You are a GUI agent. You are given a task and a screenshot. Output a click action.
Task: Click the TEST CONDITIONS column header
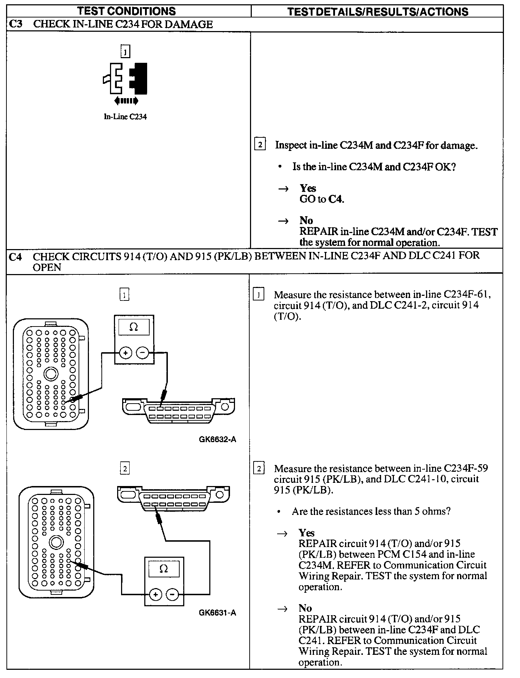pyautogui.click(x=127, y=11)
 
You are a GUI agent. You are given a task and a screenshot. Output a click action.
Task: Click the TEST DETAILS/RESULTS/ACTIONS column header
pyautogui.click(x=377, y=11)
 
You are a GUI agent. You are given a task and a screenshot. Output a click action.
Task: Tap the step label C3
pyautogui.click(x=16, y=24)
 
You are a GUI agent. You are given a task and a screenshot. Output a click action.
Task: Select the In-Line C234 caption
pyautogui.click(x=125, y=117)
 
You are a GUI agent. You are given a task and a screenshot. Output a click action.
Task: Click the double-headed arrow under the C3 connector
pyautogui.click(x=126, y=101)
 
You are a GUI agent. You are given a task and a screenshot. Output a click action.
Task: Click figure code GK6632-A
pyautogui.click(x=217, y=439)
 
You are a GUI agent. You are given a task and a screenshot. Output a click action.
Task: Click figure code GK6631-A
pyautogui.click(x=217, y=613)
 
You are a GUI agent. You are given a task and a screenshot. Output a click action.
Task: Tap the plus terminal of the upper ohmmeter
pyautogui.click(x=125, y=353)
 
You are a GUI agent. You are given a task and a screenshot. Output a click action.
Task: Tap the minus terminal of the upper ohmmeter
pyautogui.click(x=143, y=353)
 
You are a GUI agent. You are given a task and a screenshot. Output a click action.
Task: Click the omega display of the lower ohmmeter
pyautogui.click(x=164, y=569)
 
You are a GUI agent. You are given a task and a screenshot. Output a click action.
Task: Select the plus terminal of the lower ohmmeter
pyautogui.click(x=155, y=594)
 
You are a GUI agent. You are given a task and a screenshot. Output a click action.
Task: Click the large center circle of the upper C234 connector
pyautogui.click(x=51, y=374)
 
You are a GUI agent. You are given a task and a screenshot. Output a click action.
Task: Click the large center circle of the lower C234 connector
pyautogui.click(x=56, y=542)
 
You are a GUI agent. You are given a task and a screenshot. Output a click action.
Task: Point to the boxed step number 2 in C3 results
pyautogui.click(x=260, y=145)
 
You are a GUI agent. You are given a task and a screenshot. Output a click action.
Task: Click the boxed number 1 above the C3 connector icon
pyautogui.click(x=125, y=52)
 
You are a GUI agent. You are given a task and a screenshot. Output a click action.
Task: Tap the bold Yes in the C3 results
pyautogui.click(x=308, y=188)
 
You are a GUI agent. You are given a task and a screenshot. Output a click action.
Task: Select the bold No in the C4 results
pyautogui.click(x=305, y=608)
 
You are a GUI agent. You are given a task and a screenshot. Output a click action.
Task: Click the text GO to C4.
pyautogui.click(x=322, y=199)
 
